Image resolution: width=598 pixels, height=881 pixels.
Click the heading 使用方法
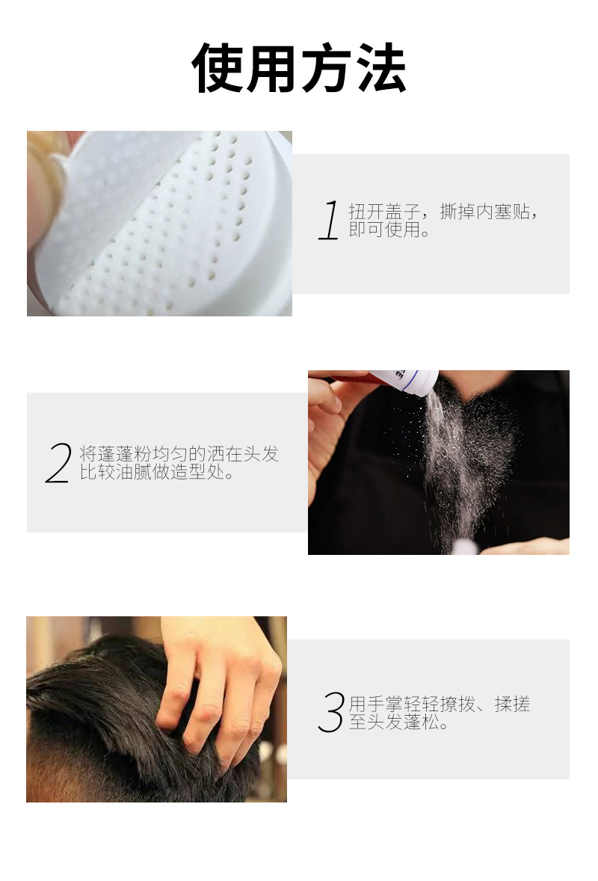299,68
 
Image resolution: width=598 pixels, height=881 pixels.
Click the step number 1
329,220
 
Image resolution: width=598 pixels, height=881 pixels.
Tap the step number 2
58,462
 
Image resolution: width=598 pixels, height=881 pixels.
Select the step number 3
331,712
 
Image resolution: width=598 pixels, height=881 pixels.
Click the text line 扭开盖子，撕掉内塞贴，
443,211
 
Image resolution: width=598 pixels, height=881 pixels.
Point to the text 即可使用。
389,230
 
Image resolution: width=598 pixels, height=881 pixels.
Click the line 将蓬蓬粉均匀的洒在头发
179,453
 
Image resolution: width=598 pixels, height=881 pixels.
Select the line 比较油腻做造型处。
157,472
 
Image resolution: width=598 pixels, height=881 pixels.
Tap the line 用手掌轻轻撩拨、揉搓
440,704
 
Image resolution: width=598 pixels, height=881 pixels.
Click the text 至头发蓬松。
398,722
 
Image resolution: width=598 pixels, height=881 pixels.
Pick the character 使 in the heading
217,68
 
